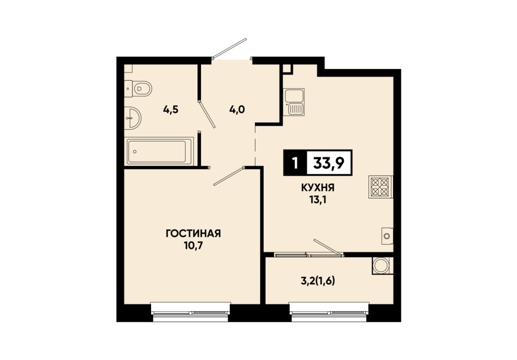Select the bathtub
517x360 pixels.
159,152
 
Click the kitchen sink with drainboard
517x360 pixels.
294,102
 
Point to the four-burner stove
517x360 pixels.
380,187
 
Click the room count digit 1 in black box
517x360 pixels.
295,163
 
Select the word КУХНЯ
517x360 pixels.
318,188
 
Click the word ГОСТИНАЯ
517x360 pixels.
193,233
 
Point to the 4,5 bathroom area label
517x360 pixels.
171,109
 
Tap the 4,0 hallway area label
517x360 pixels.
237,109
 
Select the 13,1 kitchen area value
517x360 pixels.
318,200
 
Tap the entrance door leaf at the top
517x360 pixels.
229,49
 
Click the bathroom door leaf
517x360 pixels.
207,114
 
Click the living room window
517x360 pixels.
191,312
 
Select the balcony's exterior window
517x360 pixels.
329,312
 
